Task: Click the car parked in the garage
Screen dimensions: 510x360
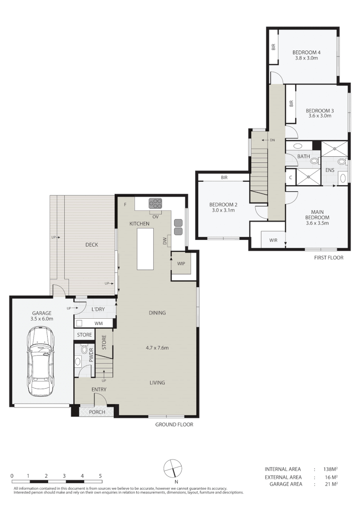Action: (41, 362)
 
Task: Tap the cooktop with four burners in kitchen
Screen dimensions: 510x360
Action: (155, 204)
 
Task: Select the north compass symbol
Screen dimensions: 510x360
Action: (173, 469)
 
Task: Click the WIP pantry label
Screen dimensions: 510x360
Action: (181, 263)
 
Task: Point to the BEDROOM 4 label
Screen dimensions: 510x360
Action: (306, 52)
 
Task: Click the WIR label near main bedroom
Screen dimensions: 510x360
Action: (273, 240)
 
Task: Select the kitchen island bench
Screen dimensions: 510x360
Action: (145, 249)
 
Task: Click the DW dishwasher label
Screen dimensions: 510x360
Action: (164, 241)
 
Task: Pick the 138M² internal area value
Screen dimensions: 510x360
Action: (330, 469)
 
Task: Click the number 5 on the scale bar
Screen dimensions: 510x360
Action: (100, 476)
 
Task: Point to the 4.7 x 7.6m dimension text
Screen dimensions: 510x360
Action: (157, 348)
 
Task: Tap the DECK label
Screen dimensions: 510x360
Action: (92, 245)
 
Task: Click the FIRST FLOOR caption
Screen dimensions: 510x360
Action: (328, 258)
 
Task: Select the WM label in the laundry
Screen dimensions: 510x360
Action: (99, 323)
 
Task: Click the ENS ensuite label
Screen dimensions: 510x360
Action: (329, 170)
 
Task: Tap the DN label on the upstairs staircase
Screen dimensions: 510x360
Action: (272, 140)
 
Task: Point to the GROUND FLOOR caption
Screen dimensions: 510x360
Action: (174, 425)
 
